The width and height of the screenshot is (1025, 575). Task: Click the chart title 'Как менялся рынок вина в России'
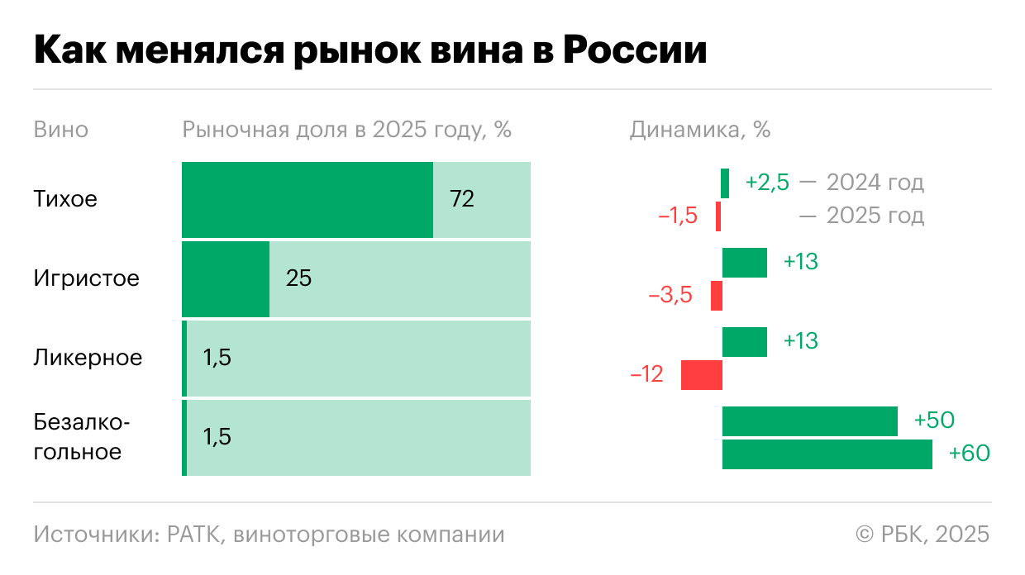[369, 51]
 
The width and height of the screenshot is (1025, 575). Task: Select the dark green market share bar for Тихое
[307, 200]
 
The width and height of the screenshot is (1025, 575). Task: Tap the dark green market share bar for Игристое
[225, 279]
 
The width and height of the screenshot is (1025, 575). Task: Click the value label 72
[462, 200]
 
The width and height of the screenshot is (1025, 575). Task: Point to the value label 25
[298, 279]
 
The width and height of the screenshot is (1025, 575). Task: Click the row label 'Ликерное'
[88, 359]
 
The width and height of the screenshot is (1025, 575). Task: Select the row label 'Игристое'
[86, 279]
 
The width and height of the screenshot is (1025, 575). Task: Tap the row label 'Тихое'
[65, 200]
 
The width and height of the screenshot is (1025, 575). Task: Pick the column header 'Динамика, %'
[699, 131]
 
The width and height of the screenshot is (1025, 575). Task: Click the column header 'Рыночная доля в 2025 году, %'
[346, 131]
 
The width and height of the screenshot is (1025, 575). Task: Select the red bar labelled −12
[701, 375]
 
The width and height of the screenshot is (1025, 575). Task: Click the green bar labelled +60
[827, 454]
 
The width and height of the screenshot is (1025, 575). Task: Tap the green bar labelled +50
[809, 421]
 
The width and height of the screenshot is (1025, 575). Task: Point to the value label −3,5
[670, 296]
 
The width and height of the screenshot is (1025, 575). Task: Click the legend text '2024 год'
[875, 183]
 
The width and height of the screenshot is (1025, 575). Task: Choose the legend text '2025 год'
[875, 216]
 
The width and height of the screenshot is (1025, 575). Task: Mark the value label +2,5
[766, 183]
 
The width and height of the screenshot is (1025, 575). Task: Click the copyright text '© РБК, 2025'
[922, 535]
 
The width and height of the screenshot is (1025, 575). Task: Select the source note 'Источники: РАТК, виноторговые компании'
[269, 535]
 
